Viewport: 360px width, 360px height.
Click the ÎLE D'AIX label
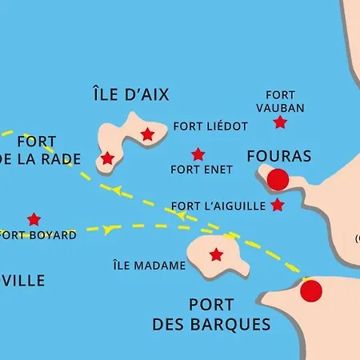click(x=130, y=94)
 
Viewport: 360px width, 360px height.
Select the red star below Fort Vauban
click(x=280, y=122)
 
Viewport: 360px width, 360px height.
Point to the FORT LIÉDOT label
click(x=210, y=126)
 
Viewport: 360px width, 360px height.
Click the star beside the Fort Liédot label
click(x=147, y=134)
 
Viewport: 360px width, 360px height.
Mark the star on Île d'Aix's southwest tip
click(x=107, y=158)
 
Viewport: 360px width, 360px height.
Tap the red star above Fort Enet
click(x=198, y=154)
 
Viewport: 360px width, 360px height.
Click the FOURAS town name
click(x=279, y=155)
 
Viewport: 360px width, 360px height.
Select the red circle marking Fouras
click(x=278, y=180)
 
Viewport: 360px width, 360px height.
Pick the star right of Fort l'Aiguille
click(x=278, y=206)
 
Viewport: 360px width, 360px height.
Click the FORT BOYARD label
click(x=38, y=235)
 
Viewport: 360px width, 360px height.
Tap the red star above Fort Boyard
click(x=34, y=219)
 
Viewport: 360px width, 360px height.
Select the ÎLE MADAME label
click(x=150, y=266)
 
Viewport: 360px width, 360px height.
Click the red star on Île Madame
click(x=216, y=255)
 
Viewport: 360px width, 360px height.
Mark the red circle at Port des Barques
click(x=311, y=291)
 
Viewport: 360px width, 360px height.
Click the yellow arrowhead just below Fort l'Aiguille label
click(x=181, y=216)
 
